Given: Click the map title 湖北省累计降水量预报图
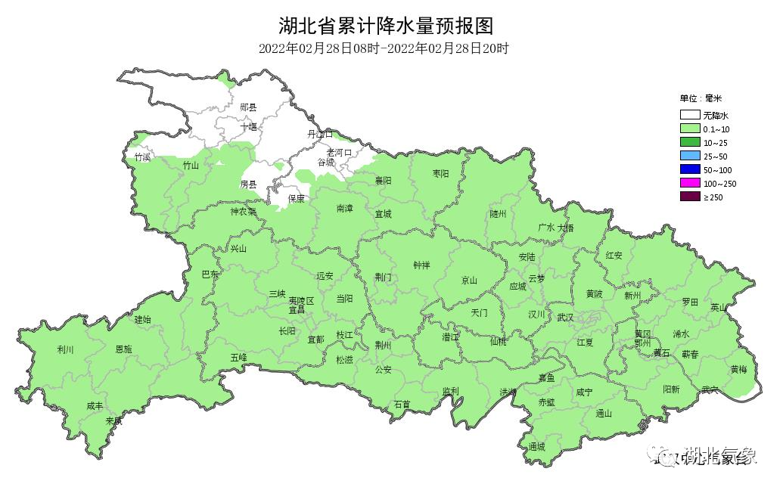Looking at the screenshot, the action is tap(386, 26).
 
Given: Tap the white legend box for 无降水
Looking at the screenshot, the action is tap(688, 116).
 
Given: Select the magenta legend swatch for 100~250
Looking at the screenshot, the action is tap(688, 183).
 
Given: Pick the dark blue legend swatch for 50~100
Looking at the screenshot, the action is tap(688, 169).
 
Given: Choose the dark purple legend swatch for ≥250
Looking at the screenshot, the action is tap(688, 197).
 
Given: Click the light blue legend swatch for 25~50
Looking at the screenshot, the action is tap(688, 156).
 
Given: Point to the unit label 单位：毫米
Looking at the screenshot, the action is tap(701, 98).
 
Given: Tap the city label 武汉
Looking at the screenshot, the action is tap(565, 318).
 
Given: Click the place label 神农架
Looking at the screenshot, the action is tap(244, 212).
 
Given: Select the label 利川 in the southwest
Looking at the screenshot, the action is tap(66, 349).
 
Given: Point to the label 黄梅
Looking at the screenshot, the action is tap(738, 369).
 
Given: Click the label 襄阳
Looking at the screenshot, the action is tap(383, 181).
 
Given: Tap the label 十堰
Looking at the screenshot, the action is tap(249, 126).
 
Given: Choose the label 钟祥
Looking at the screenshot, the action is tap(421, 265).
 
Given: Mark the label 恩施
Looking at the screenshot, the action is tap(123, 349).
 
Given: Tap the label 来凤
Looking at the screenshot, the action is tap(113, 420).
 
